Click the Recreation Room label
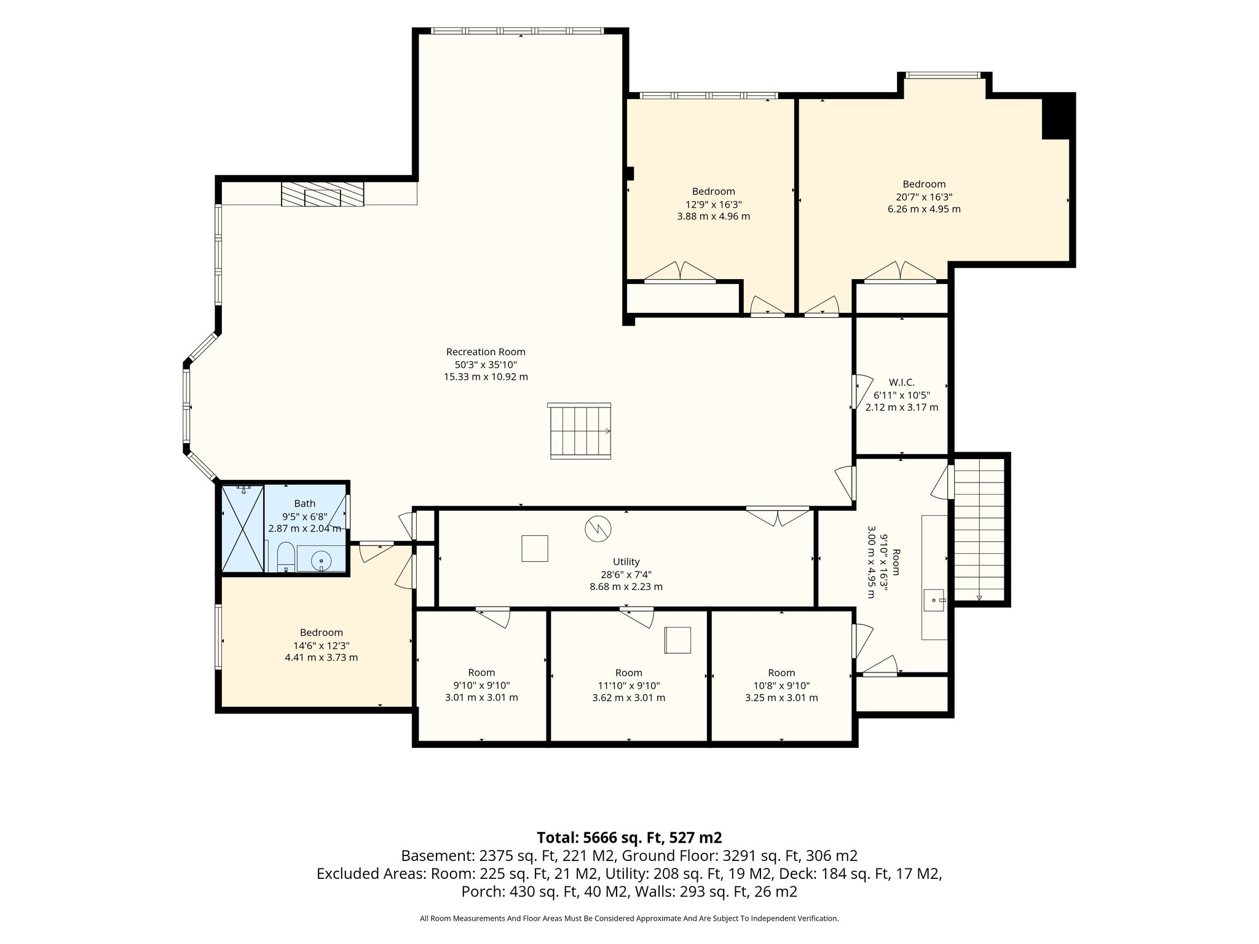point(486,352)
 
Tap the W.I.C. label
point(901,382)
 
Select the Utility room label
point(626,562)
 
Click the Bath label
point(304,504)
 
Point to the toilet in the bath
point(285,557)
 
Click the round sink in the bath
point(322,560)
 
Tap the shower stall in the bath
point(243,529)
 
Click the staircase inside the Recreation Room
point(580,430)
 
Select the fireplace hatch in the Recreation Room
point(322,194)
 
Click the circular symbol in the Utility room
point(598,529)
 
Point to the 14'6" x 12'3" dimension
point(321,645)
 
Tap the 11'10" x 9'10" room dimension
point(628,685)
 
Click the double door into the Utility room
point(778,515)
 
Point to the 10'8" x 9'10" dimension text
point(781,685)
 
